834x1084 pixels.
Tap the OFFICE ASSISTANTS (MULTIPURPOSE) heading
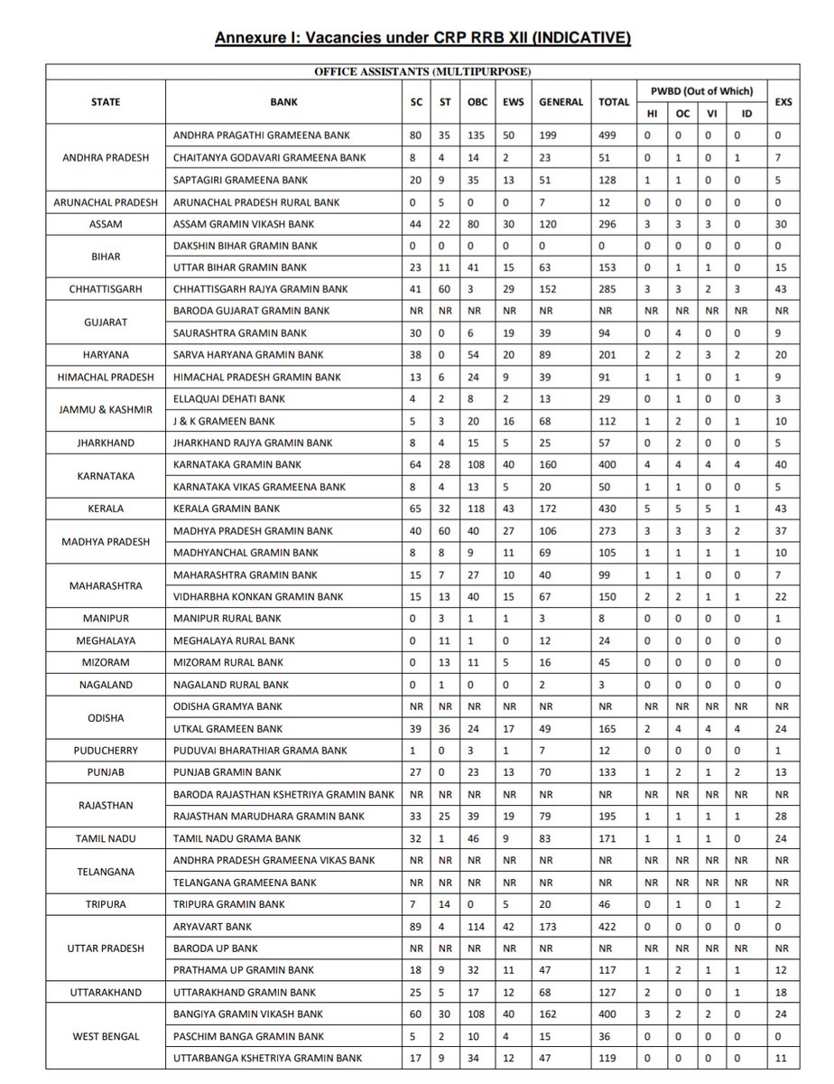422,70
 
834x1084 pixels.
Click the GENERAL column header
561,102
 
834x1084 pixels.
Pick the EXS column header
783,102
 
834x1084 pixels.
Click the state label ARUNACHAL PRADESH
107,201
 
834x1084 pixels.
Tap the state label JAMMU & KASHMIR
107,409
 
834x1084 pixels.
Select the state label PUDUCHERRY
107,751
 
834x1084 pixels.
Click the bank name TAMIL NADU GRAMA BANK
237,838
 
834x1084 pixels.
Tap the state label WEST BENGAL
107,1036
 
